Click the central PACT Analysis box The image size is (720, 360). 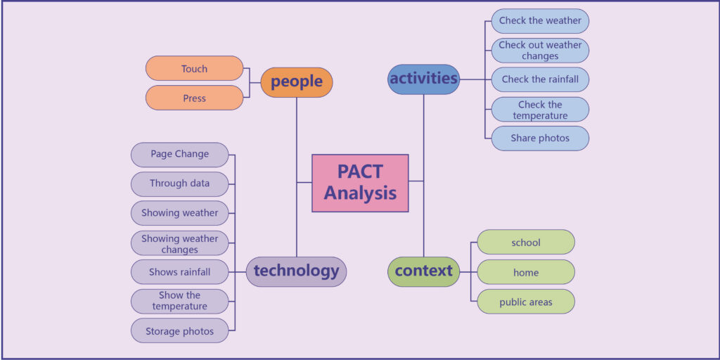[360, 184]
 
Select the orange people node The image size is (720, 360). [297, 82]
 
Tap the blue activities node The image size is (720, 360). [424, 79]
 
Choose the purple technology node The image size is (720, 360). [296, 272]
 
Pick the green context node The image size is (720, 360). [424, 272]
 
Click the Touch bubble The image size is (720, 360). [194, 68]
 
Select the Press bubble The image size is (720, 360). [194, 98]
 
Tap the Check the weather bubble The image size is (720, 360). [540, 21]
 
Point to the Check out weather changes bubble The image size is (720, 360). [540, 51]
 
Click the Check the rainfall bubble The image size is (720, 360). [540, 79]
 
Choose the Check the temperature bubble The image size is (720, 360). [540, 109]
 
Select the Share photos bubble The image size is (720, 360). [540, 139]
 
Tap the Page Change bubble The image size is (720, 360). [179, 155]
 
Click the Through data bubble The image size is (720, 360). [179, 184]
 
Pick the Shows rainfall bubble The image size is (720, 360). [179, 272]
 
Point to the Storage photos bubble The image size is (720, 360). [179, 330]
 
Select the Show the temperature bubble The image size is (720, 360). [179, 301]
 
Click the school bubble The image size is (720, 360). [526, 242]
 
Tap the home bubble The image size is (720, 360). [526, 272]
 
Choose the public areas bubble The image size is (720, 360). [526, 302]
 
